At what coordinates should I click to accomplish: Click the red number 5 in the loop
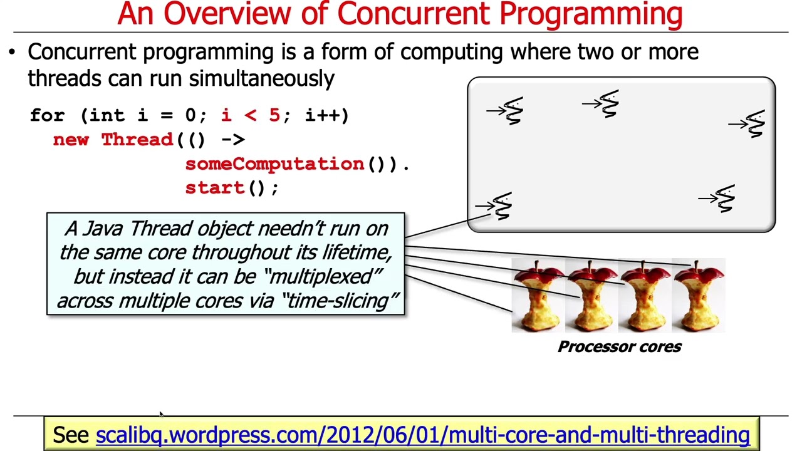tap(274, 115)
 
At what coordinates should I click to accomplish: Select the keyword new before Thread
tap(71, 140)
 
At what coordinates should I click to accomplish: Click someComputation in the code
tap(274, 164)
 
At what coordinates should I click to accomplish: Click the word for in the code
tap(47, 115)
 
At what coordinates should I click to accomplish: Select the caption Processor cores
tap(619, 347)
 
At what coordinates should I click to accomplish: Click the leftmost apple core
tap(538, 297)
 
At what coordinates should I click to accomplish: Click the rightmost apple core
tap(698, 297)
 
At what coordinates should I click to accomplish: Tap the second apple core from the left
tap(591, 297)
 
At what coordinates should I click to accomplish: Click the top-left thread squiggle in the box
tap(513, 111)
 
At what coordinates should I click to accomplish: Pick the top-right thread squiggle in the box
tap(755, 124)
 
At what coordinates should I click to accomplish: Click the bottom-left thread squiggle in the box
tap(502, 206)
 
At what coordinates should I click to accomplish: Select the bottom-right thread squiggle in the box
tap(724, 199)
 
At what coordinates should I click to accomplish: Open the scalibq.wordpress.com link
tap(422, 435)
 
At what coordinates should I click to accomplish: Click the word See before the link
tap(70, 435)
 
